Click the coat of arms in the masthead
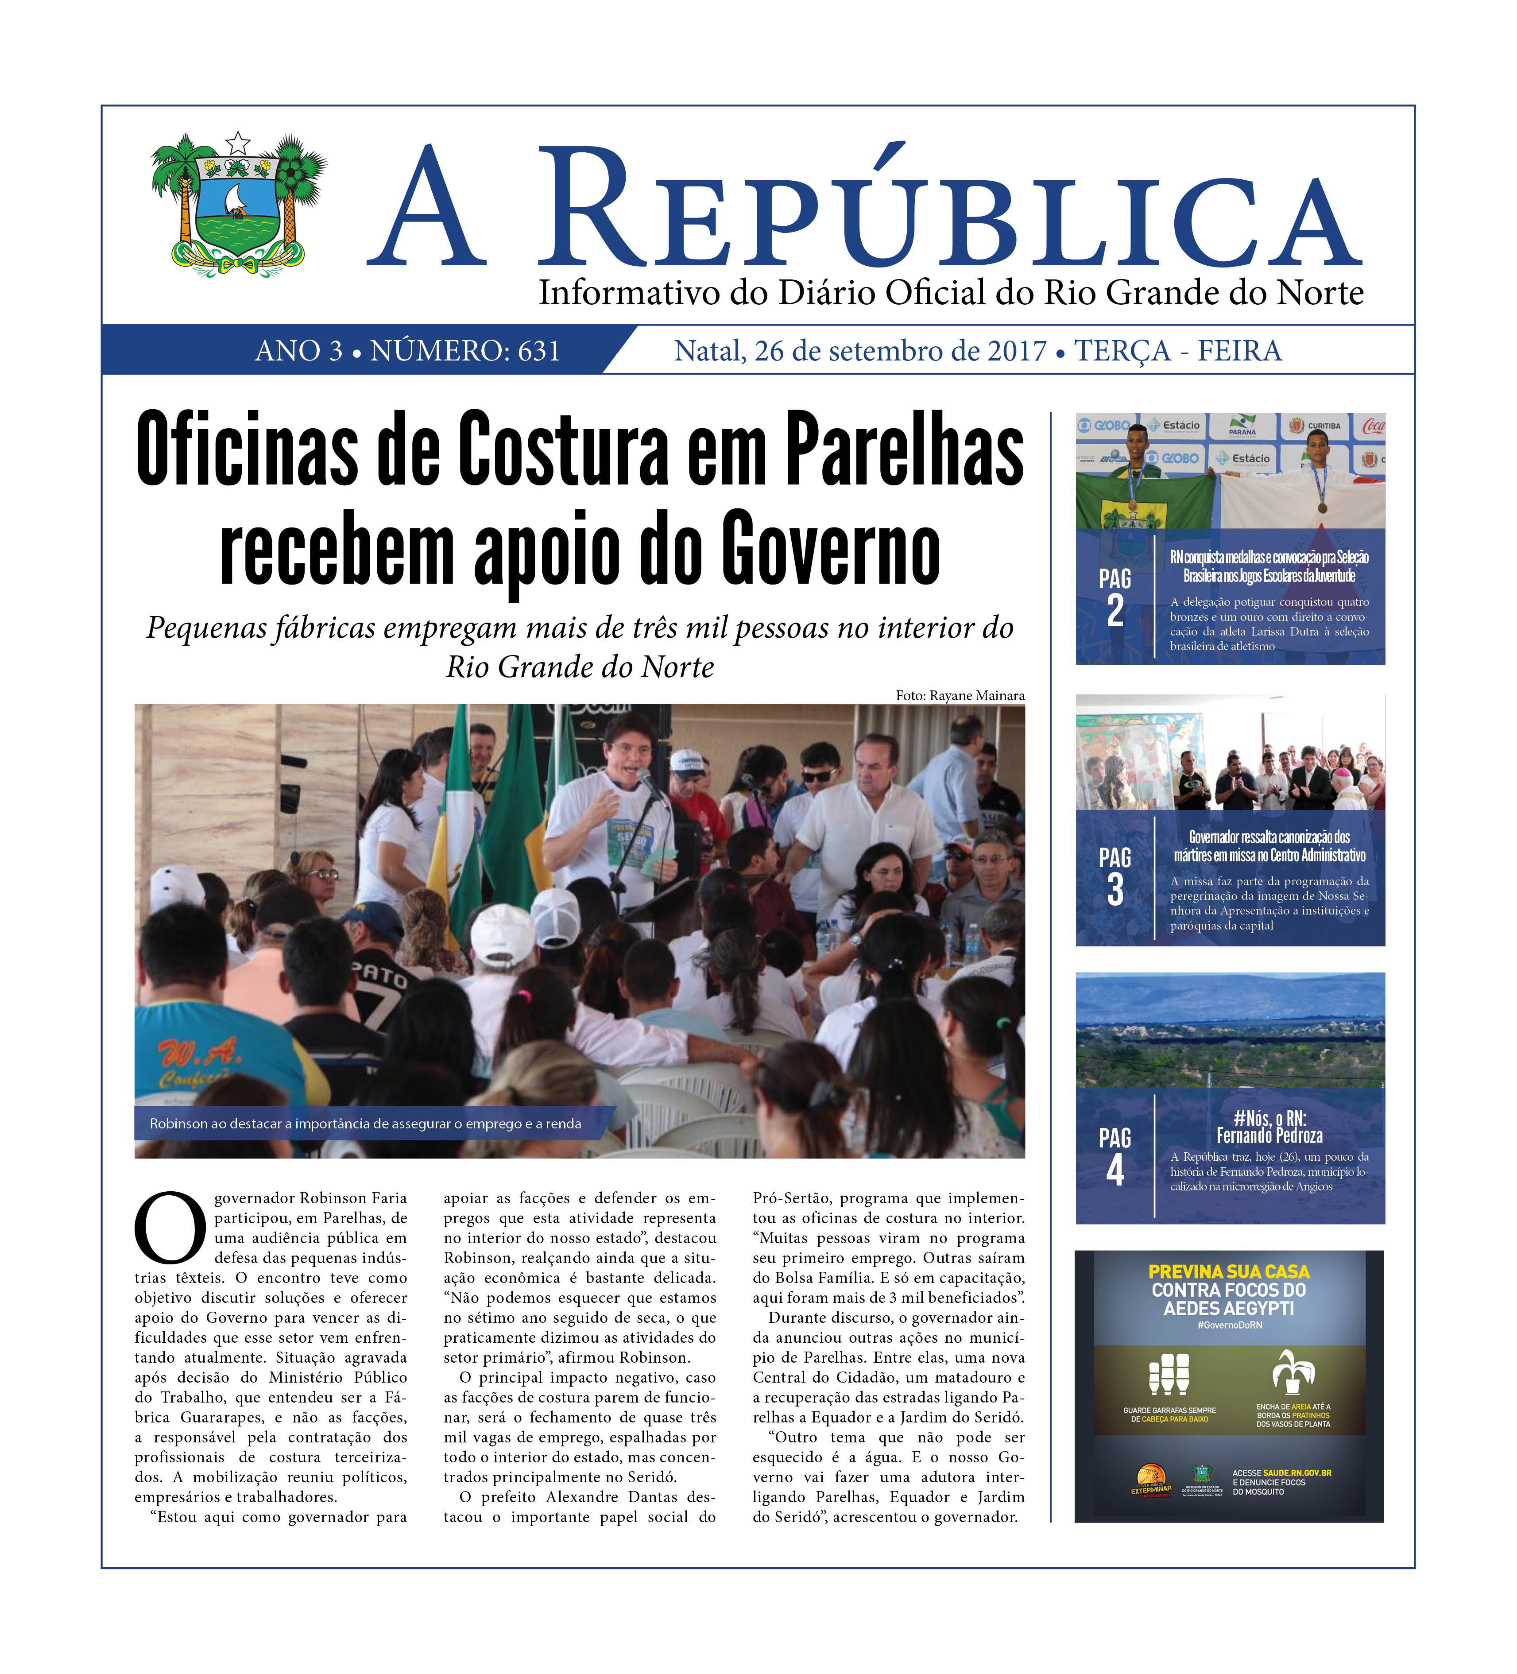tap(238, 204)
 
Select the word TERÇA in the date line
tap(1122, 351)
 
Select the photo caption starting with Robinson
tap(365, 1124)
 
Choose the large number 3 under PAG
tap(1115, 890)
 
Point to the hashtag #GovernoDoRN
tap(1229, 1325)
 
